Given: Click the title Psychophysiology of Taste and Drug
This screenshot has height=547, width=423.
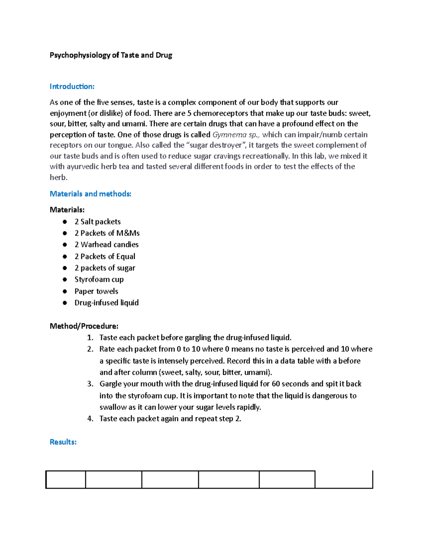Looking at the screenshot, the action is [111, 55].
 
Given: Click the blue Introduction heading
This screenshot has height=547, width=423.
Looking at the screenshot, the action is [72, 86].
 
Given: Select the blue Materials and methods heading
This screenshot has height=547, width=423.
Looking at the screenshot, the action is [90, 194].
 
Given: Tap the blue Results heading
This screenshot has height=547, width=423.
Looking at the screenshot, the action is [63, 442].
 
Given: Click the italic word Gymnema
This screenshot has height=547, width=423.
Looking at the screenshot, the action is [229, 135].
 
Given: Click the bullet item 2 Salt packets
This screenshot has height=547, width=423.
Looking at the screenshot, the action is [97, 222].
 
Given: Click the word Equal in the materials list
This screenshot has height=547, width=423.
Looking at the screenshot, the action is [126, 256].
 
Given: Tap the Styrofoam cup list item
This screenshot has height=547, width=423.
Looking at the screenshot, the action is [99, 279].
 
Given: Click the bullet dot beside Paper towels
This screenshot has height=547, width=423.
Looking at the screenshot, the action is [65, 291].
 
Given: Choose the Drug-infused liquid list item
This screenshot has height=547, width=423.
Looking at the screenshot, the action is [106, 303].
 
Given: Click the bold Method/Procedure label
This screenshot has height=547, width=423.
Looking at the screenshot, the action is [84, 326].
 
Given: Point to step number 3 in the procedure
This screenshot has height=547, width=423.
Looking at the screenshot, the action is [90, 384].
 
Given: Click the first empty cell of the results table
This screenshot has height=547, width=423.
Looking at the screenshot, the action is [66, 479].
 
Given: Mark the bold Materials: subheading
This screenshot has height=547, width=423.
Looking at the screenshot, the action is [67, 210].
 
